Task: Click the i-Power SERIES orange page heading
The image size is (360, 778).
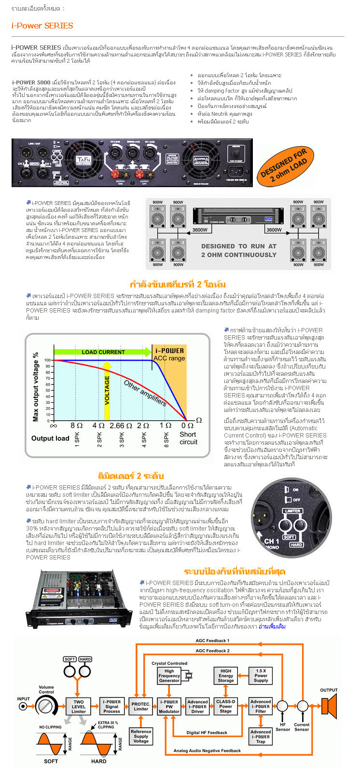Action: (x=42, y=26)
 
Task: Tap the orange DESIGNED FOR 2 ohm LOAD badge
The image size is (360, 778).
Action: (x=284, y=165)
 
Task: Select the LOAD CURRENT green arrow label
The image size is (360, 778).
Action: (x=103, y=352)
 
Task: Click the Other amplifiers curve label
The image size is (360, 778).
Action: (x=145, y=393)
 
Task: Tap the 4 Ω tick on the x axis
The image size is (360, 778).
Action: (x=98, y=425)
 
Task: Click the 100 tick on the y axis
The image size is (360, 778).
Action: (x=48, y=360)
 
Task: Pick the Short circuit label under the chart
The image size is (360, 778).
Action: (x=188, y=438)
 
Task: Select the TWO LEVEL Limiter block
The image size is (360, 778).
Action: (x=79, y=707)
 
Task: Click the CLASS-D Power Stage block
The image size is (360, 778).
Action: (x=226, y=707)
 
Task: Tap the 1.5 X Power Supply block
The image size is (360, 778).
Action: (x=261, y=675)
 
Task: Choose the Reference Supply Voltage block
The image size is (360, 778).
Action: (x=141, y=736)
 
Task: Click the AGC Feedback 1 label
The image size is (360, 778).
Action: (x=212, y=641)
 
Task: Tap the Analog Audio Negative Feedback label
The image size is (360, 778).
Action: (x=207, y=751)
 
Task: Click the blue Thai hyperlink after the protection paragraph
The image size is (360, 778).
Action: (x=272, y=627)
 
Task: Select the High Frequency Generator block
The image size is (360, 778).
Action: (x=169, y=676)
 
